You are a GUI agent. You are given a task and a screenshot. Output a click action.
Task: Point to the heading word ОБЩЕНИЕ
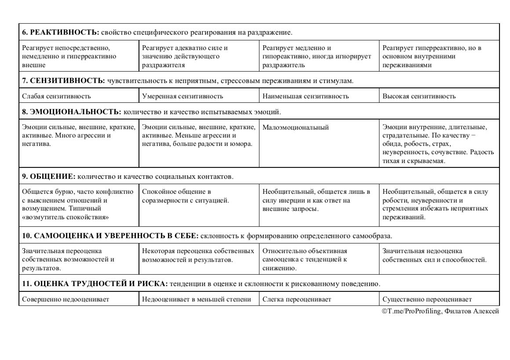(x=53, y=176)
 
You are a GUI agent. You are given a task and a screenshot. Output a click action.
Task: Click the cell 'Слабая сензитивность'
(x=56, y=96)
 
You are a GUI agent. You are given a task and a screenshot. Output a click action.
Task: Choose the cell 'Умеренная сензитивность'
(x=182, y=96)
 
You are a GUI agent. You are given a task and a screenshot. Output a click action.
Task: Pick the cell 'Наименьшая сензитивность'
(x=306, y=96)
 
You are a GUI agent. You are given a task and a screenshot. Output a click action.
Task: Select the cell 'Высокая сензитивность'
(x=419, y=96)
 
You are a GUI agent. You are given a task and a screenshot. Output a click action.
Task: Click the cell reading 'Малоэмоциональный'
(x=295, y=127)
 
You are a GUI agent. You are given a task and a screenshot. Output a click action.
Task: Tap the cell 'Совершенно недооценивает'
(x=66, y=299)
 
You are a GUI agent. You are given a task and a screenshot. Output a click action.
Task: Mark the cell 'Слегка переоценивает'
(x=297, y=299)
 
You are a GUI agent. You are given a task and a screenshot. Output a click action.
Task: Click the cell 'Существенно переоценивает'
(x=427, y=299)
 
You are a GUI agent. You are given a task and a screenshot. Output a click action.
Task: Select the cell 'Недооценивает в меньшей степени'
(x=197, y=299)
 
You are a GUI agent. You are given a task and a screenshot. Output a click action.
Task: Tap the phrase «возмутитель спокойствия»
(x=66, y=217)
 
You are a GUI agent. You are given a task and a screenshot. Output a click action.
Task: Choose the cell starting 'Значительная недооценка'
(x=434, y=255)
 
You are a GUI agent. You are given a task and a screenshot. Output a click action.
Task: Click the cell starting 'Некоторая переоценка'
(x=198, y=255)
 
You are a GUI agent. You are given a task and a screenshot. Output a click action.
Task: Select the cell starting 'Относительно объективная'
(x=305, y=259)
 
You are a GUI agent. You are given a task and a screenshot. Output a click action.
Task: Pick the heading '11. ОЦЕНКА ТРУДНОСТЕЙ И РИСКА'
(x=95, y=283)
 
